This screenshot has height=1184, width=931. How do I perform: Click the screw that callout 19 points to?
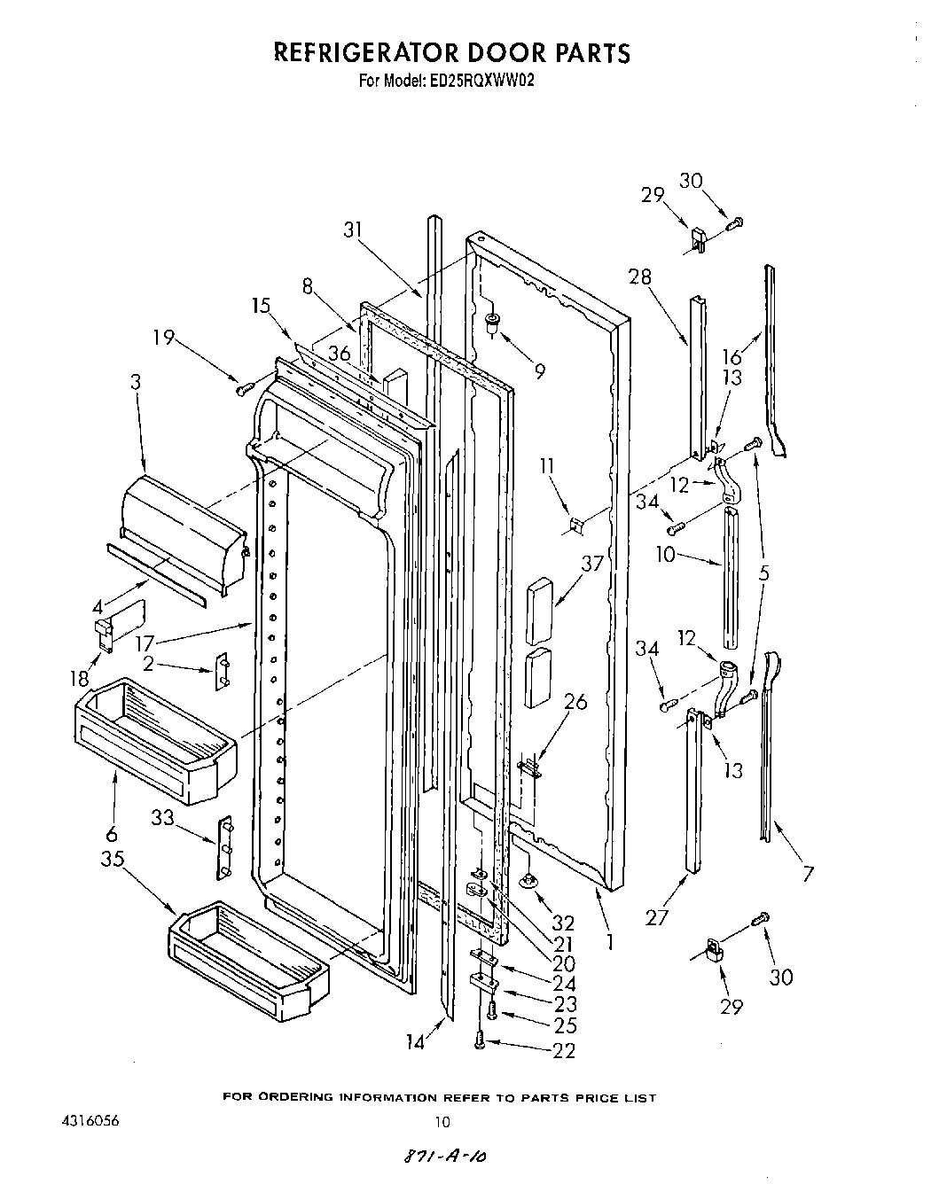[244, 387]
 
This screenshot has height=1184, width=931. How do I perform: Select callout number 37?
[592, 564]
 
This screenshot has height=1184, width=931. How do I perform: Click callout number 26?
[575, 701]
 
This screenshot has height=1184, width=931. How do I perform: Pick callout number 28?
[639, 277]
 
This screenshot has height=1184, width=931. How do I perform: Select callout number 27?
[657, 917]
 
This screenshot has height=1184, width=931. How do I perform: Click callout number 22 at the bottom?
[564, 1051]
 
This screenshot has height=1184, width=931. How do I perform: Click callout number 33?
[161, 819]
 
